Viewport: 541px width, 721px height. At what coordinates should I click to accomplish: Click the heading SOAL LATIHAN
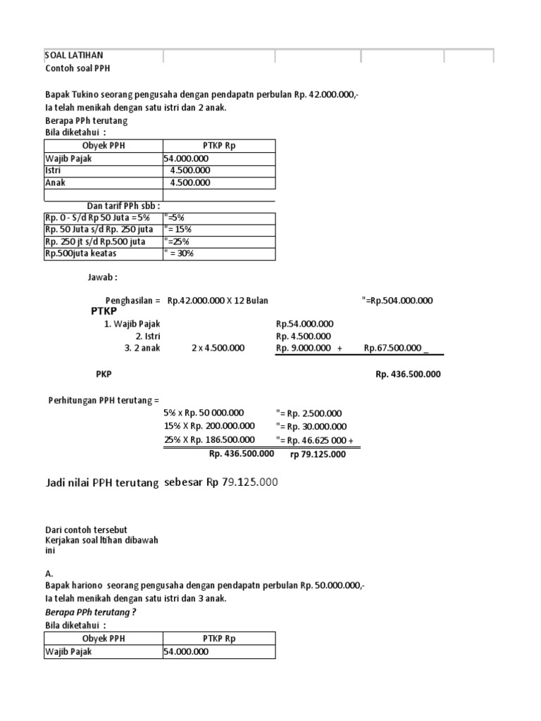pos(74,55)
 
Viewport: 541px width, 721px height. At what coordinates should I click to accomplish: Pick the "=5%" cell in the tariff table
pos(174,218)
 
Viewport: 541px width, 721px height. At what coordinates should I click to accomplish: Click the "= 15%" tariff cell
pos(178,230)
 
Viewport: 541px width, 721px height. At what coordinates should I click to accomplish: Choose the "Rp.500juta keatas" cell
pos(81,253)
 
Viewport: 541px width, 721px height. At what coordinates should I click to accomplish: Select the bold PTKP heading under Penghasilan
pos(104,312)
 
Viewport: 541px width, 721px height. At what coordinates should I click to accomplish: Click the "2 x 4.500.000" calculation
pos(218,348)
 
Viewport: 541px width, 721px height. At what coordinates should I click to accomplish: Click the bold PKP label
pos(104,374)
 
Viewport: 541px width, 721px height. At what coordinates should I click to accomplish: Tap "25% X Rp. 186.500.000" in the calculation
pos(210,440)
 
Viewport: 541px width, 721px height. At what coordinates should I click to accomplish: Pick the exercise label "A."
pos(49,574)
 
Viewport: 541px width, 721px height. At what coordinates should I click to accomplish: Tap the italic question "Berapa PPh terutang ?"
pos(90,612)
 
